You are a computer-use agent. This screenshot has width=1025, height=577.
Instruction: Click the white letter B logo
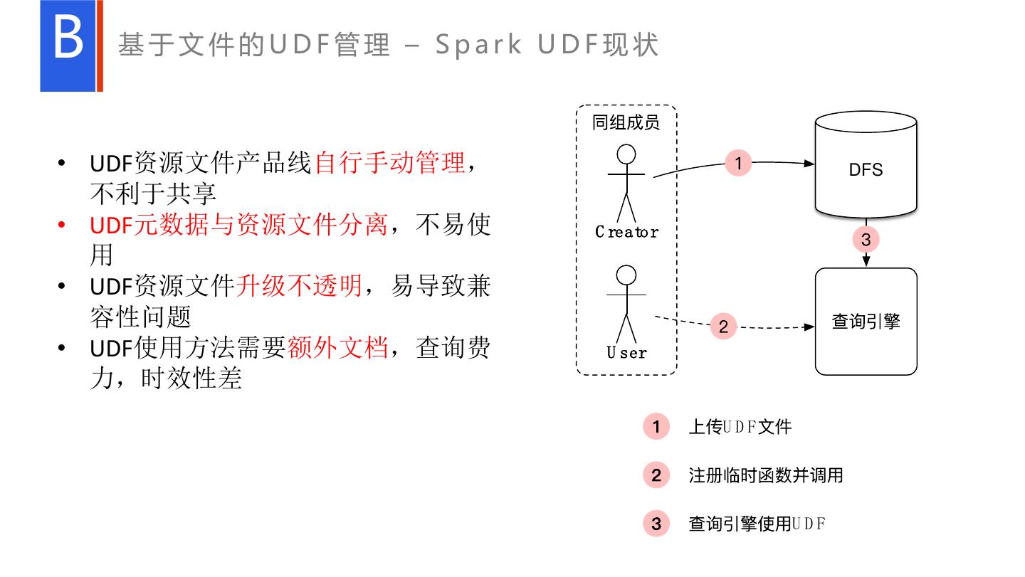[68, 40]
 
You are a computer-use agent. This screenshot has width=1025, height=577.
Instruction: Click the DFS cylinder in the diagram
[866, 169]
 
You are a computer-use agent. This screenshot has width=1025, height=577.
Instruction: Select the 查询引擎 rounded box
[866, 321]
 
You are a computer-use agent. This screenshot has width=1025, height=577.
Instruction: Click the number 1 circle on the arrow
[738, 163]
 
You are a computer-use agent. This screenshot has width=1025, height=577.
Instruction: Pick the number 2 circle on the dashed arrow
[723, 327]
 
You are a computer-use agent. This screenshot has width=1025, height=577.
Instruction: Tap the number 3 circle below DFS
[866, 240]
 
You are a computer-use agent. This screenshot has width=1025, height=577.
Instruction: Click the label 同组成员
[626, 122]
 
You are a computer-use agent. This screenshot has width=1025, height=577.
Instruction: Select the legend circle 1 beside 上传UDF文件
[656, 427]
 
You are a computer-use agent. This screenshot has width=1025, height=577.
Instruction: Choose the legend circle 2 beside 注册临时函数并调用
[656, 475]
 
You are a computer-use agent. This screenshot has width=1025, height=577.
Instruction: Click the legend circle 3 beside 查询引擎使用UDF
[656, 524]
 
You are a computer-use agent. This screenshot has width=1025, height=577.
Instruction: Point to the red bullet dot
[62, 226]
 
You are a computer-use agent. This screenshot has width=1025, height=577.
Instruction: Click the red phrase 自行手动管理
[389, 163]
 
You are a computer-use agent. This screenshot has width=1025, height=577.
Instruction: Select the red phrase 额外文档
[337, 348]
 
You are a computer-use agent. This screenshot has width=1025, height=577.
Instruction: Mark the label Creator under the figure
[626, 232]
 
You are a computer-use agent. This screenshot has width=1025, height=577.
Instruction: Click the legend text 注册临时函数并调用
[765, 475]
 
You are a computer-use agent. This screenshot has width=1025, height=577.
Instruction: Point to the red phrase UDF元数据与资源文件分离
[238, 225]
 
